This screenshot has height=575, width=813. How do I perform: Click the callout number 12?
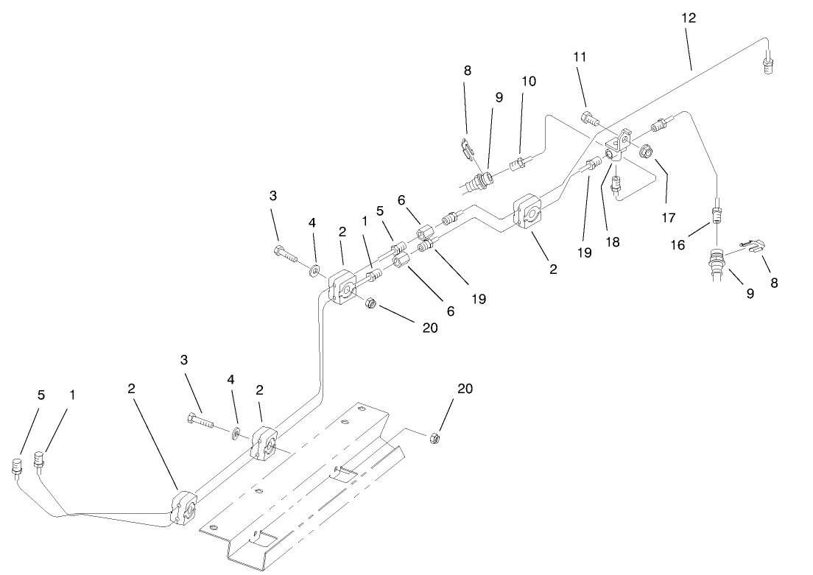(689, 18)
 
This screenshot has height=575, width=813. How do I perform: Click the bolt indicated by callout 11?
(590, 117)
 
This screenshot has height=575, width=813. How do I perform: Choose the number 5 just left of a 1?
(41, 395)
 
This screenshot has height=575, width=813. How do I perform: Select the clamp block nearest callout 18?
(529, 212)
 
